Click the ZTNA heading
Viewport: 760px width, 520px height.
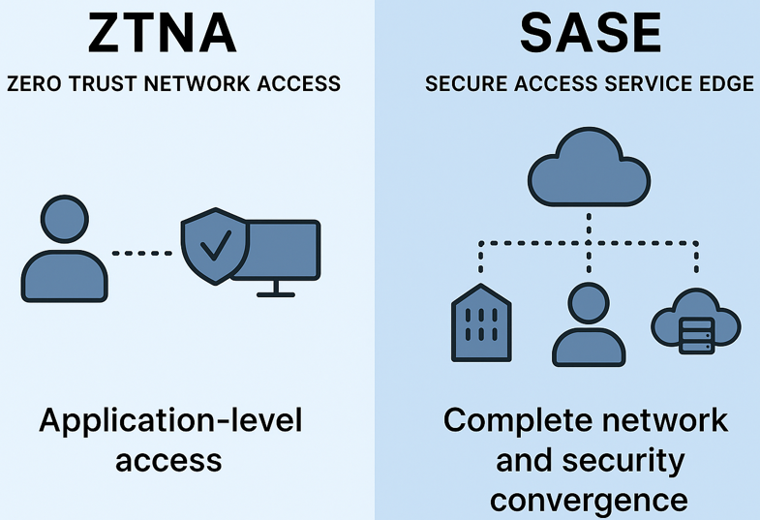(162, 34)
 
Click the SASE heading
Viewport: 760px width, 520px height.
(590, 34)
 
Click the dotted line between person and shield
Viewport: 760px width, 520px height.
(141, 253)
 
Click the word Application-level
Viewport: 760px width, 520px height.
(170, 420)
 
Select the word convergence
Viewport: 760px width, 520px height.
(589, 500)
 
